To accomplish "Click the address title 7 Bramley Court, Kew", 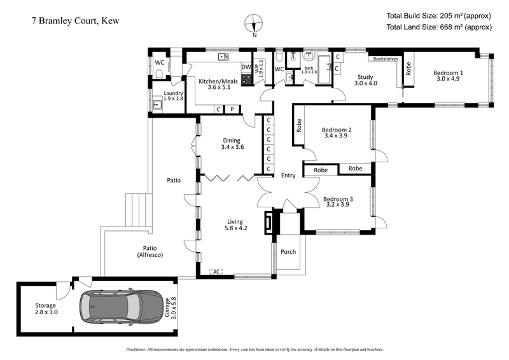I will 75,21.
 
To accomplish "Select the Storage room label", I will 45,309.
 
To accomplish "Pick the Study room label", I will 365,79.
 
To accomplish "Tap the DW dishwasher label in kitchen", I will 246,67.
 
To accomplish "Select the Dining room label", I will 232,143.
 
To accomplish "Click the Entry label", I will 288,176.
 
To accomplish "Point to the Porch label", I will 288,252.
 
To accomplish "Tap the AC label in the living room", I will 216,272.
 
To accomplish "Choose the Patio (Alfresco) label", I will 150,251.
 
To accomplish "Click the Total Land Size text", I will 438,27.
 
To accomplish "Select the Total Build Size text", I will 438,15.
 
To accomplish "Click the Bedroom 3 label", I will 338,202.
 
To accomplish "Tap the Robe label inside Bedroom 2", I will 298,125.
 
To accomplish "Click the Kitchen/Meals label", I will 214,85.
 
